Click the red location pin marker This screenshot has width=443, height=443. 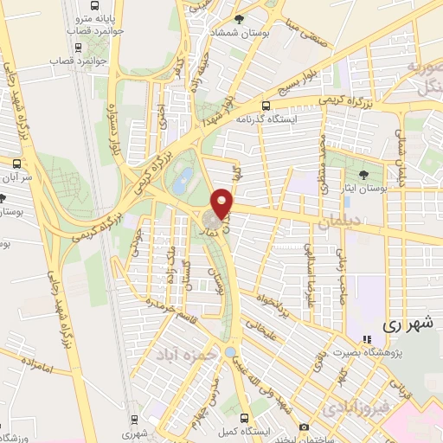tap(223, 202)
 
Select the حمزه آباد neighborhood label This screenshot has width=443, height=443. tap(179, 355)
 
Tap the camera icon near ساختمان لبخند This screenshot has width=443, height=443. tap(304, 427)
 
